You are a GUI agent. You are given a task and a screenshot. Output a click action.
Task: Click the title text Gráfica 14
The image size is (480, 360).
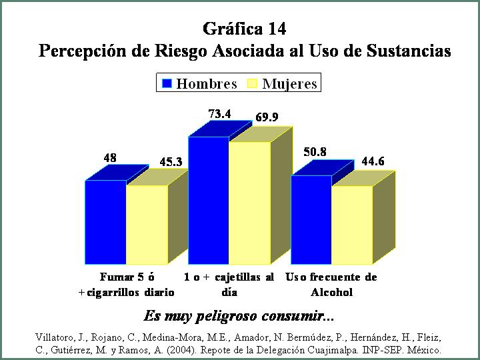click(x=244, y=29)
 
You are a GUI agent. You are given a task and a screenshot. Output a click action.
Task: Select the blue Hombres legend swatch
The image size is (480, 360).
click(x=167, y=83)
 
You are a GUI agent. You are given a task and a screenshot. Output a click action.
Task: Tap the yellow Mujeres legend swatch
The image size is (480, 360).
click(x=252, y=83)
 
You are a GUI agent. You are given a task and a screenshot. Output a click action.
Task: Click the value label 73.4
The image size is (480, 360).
click(x=219, y=114)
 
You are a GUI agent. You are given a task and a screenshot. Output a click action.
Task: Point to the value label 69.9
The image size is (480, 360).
click(x=267, y=117)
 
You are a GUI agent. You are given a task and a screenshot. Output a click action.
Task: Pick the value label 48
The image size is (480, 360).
click(x=110, y=158)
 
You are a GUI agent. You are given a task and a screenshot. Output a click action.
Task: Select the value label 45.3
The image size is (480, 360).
click(x=171, y=162)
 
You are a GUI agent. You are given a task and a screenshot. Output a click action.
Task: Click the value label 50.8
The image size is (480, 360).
click(x=315, y=152)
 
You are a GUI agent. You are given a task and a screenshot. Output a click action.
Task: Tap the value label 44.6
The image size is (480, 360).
click(x=373, y=161)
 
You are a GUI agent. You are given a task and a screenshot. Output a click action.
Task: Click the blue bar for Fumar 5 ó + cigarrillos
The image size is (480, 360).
click(x=105, y=222)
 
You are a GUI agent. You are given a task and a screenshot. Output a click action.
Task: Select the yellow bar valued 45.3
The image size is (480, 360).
click(x=147, y=225)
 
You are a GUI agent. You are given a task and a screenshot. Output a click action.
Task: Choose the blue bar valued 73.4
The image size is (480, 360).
click(x=209, y=200)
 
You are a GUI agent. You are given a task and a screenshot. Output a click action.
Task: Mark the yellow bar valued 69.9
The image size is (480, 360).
click(x=250, y=203)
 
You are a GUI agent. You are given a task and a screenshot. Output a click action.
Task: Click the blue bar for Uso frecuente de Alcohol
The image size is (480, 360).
click(x=311, y=219)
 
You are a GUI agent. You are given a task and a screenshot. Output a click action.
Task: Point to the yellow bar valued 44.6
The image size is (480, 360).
click(x=353, y=225)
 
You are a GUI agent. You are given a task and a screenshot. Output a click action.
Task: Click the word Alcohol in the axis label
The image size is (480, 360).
click(x=332, y=293)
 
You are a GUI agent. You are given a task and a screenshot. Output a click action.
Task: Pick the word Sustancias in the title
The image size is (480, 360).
click(x=409, y=51)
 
